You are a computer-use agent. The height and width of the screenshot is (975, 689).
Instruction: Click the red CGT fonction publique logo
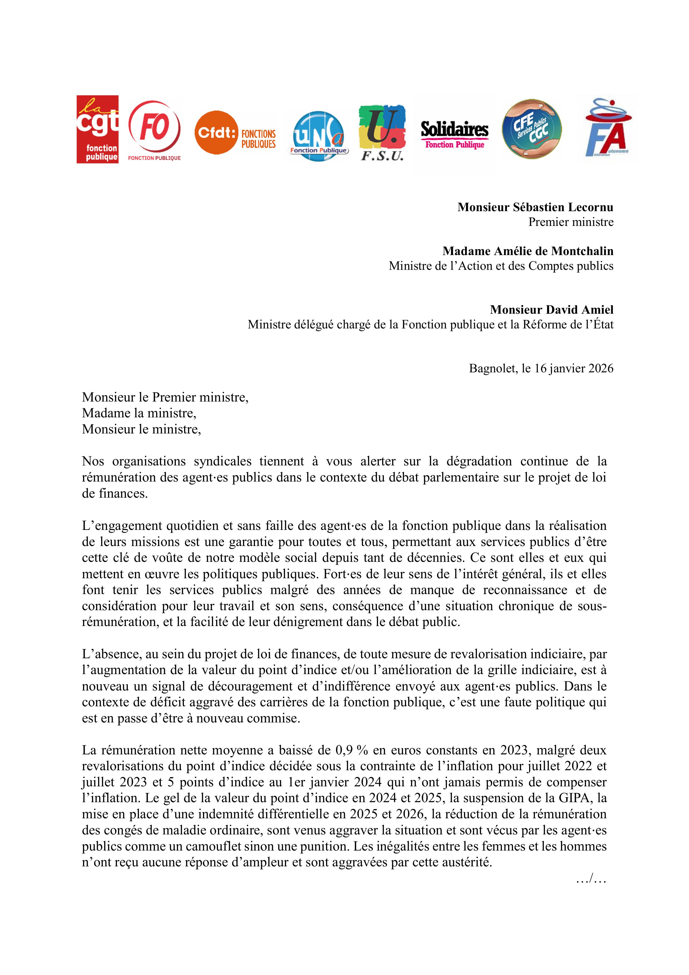click(98, 129)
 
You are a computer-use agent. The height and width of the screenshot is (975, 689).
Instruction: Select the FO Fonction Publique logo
click(154, 129)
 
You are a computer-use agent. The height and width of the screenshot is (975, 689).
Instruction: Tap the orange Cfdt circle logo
click(217, 133)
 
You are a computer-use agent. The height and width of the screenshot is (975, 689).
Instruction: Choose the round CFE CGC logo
click(532, 129)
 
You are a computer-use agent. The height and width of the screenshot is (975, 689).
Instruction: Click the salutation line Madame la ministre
click(139, 413)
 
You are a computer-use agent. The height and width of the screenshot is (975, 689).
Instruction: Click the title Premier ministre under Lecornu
click(571, 222)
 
